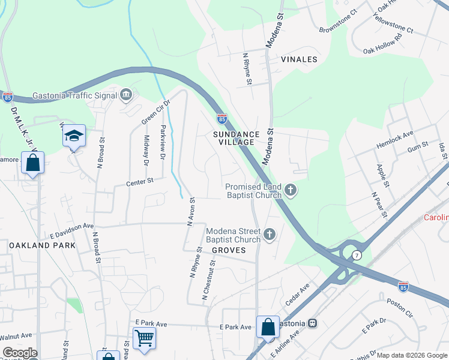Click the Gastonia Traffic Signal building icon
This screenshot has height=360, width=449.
[126, 94]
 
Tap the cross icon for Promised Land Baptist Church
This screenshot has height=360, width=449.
[291, 191]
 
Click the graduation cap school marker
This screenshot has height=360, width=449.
[74, 137]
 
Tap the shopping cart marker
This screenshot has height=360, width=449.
[144, 338]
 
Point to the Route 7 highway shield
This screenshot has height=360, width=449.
[357, 255]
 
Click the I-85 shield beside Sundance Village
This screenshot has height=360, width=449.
[221, 119]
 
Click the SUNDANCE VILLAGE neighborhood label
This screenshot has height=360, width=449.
[237, 139]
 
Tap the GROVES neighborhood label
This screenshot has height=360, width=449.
[229, 250]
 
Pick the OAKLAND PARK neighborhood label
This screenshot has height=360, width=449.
[42, 245]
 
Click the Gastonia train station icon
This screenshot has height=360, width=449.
[312, 323]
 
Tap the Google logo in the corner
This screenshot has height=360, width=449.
[20, 353]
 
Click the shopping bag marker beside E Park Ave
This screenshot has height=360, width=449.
[268, 328]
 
